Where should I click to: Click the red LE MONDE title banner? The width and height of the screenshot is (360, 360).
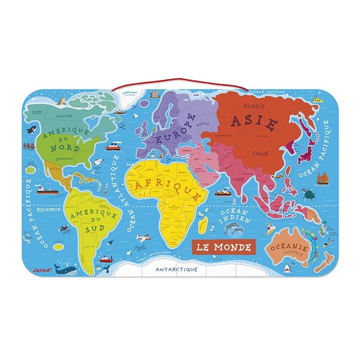pos(223,247)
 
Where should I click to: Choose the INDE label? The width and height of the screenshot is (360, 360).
pos(238,179)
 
